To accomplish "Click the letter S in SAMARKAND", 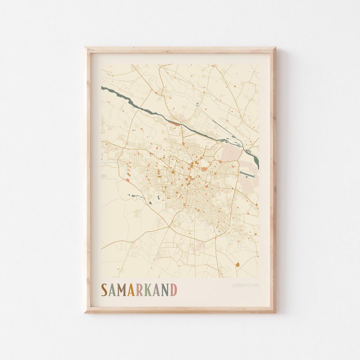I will point(104,290).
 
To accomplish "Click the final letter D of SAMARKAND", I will point(174,290).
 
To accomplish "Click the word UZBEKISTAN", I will point(245,285).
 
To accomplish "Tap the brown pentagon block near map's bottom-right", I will point(238,265).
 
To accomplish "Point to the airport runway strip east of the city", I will point(247,175).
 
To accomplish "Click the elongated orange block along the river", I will point(173,123).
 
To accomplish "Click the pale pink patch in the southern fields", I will point(199,247).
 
